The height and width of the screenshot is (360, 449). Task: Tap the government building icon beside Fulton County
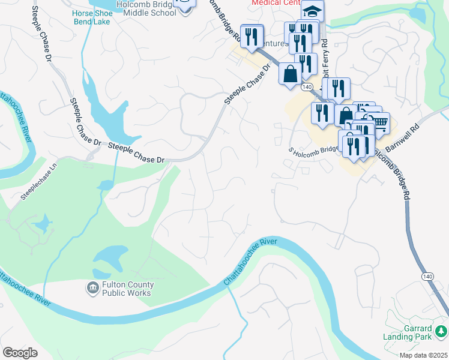[x=93, y=289]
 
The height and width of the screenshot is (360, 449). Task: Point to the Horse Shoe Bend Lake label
[x=92, y=17]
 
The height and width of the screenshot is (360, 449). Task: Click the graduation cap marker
[x=312, y=11]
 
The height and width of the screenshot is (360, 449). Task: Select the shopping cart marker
[x=379, y=123]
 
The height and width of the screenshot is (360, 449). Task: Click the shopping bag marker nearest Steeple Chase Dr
[x=290, y=74]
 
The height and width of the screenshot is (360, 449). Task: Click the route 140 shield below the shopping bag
[x=307, y=87]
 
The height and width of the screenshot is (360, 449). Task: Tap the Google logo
[x=20, y=353]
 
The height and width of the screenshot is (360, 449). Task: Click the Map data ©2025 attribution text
[x=423, y=355]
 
